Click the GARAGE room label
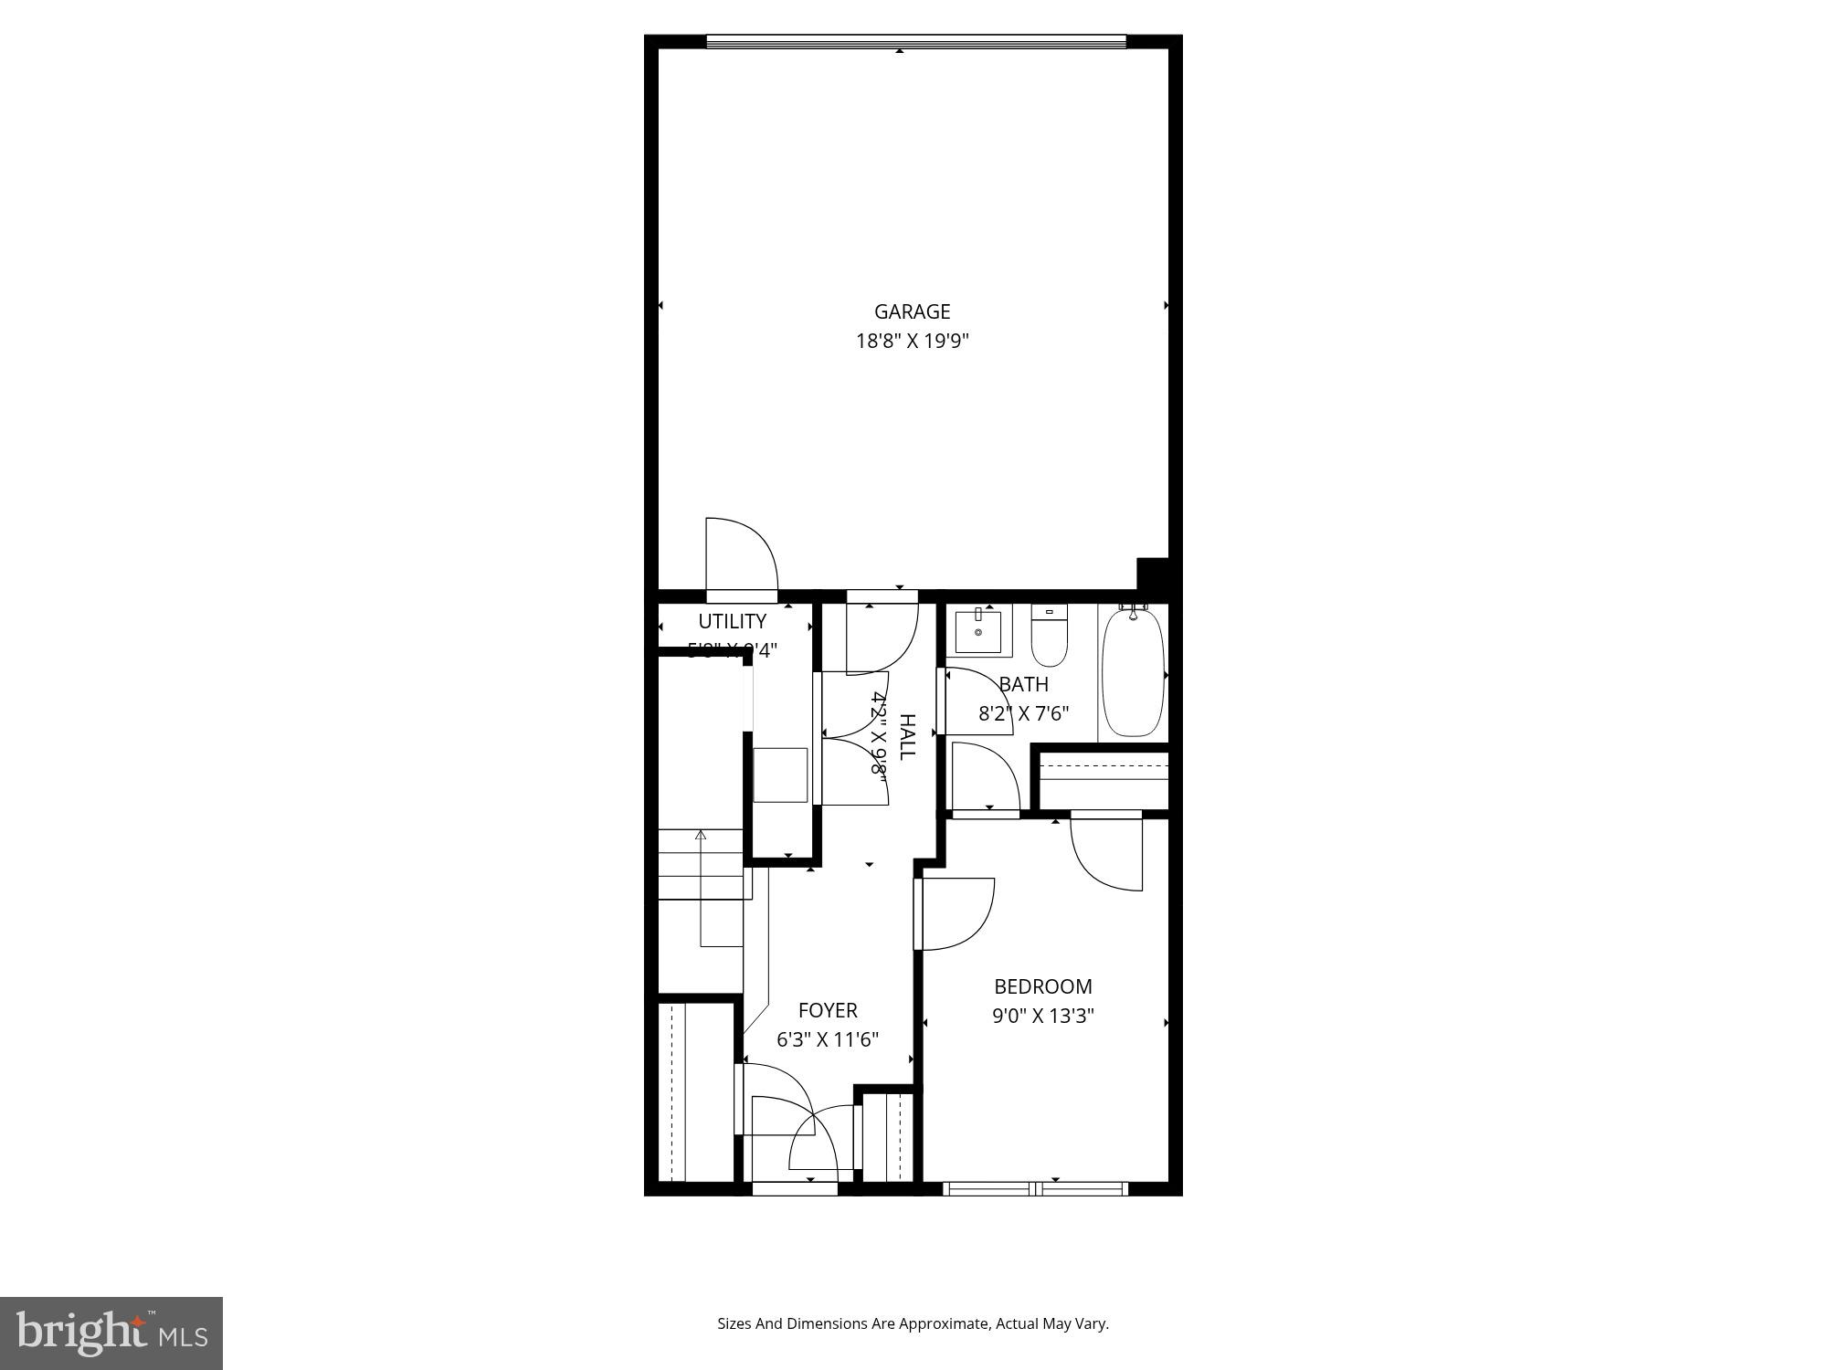912,311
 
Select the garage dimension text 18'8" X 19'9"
912,342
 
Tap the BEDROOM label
1042,986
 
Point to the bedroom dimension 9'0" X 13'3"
1042,1016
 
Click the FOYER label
828,1010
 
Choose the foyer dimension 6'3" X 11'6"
828,1039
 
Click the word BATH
1023,684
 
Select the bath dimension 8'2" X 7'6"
1023,713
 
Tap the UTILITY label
732,621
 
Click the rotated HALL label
907,736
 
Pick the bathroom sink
978,631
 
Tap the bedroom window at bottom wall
1036,1188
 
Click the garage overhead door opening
915,41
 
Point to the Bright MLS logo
111,1333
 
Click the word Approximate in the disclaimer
944,1323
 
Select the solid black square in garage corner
1152,574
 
